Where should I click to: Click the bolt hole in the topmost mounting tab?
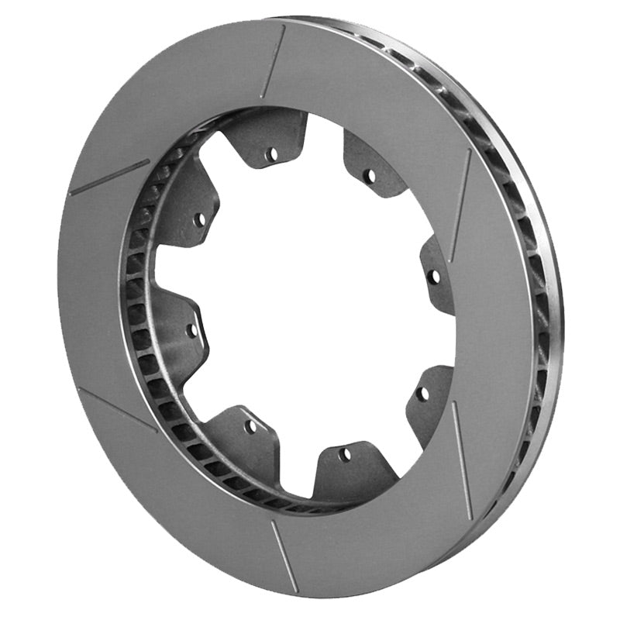point(271,153)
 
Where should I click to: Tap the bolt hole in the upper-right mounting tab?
point(369,176)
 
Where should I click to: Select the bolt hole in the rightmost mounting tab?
point(434,275)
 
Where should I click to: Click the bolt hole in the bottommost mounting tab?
point(344,455)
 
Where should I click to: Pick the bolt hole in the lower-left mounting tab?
point(250,426)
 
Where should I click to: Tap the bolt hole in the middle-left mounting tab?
point(191,329)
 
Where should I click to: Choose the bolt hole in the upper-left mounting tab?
point(199,219)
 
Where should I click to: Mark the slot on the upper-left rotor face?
point(109,177)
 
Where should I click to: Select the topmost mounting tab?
point(267,139)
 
